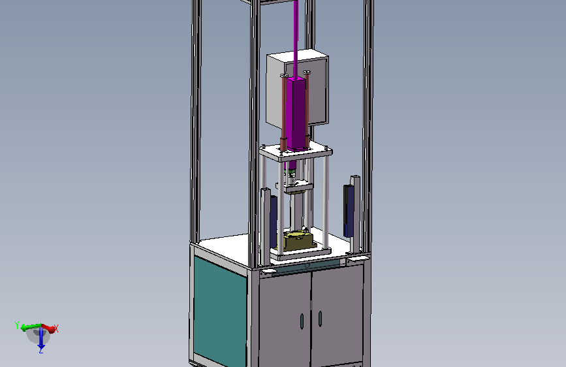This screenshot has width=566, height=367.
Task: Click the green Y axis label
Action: (16, 325)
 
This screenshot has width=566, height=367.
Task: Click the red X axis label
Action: (56, 328)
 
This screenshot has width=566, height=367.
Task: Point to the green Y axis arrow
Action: (31, 328)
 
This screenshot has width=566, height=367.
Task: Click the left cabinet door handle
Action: (302, 321)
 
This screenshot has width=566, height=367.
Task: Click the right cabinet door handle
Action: (320, 319)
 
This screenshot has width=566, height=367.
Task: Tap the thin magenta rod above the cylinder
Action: (296, 39)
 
